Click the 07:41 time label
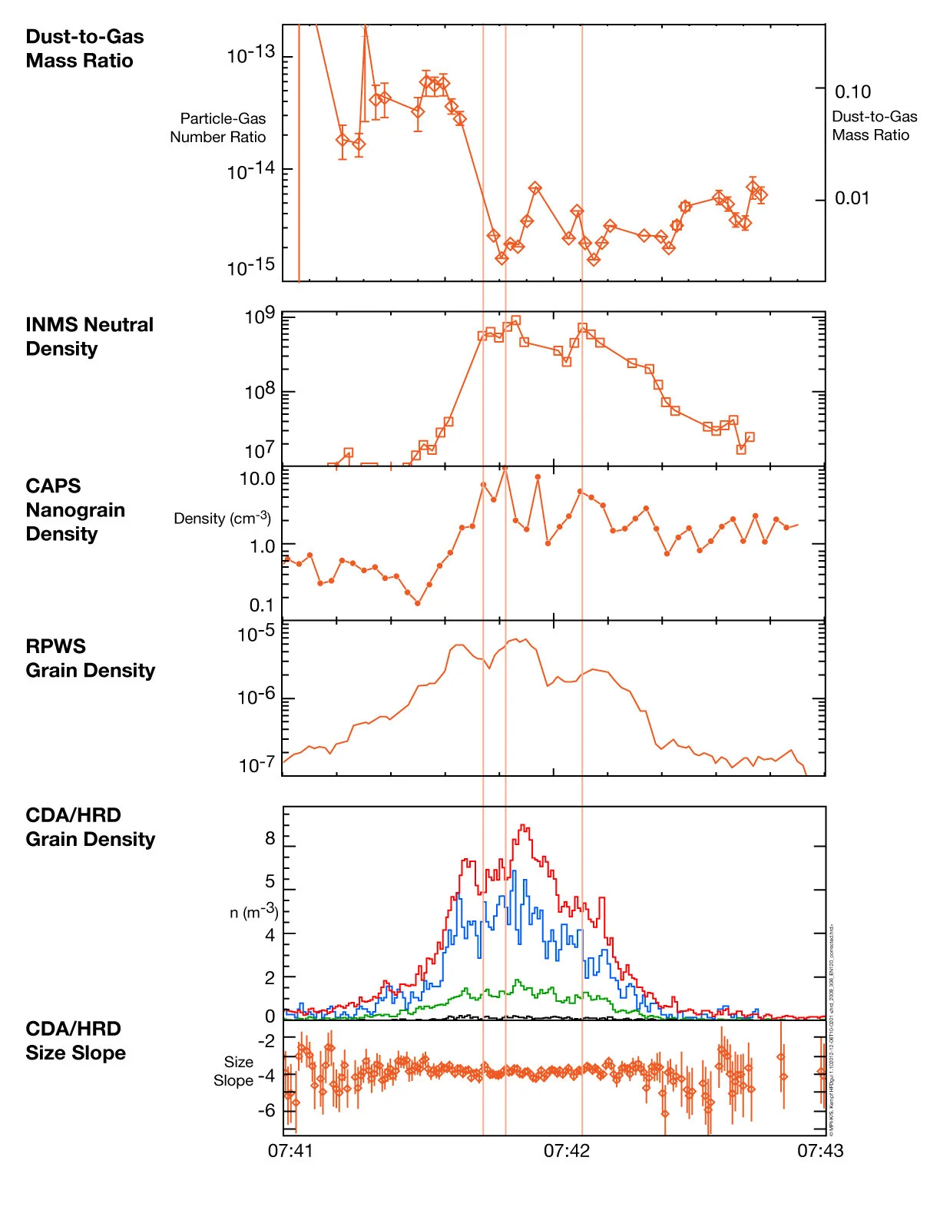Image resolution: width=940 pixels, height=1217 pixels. pyautogui.click(x=290, y=1150)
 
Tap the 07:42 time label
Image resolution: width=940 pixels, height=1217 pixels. pyautogui.click(x=566, y=1150)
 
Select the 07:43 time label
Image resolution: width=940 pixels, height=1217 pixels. pyautogui.click(x=819, y=1150)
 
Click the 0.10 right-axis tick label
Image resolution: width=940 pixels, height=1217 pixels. pyautogui.click(x=852, y=92)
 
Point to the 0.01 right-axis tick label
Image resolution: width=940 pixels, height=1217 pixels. pyautogui.click(x=852, y=198)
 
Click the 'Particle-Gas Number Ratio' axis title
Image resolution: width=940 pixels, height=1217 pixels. pyautogui.click(x=219, y=128)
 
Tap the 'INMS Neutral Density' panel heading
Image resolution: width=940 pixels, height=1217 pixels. pyautogui.click(x=88, y=337)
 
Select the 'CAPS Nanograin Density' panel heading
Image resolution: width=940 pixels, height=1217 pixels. pyautogui.click(x=74, y=509)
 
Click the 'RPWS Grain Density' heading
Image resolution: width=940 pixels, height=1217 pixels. pyautogui.click(x=90, y=658)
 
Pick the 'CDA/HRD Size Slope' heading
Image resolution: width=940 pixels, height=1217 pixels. pyautogui.click(x=74, y=1040)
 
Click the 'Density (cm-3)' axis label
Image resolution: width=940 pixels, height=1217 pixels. pyautogui.click(x=222, y=519)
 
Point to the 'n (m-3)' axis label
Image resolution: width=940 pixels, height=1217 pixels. pyautogui.click(x=253, y=912)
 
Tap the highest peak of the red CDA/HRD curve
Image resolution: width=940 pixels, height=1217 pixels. pyautogui.click(x=523, y=827)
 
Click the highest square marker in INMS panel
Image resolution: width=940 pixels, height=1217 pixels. pyautogui.click(x=515, y=320)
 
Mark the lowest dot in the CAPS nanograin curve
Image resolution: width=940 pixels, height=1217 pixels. pyautogui.click(x=418, y=603)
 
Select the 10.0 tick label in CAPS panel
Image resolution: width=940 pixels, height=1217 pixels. pyautogui.click(x=257, y=479)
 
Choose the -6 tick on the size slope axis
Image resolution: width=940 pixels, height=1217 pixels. pyautogui.click(x=266, y=1110)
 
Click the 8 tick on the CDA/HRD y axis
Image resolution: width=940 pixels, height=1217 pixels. pyautogui.click(x=270, y=838)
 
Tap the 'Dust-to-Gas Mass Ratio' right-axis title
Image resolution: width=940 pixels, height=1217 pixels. pyautogui.click(x=874, y=125)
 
